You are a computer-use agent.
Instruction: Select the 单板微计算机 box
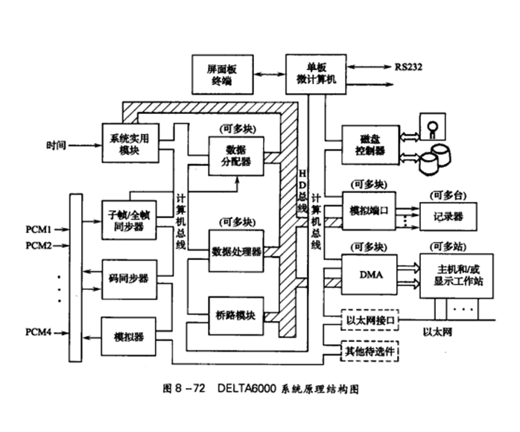[x=316, y=72]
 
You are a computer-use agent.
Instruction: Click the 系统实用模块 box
[x=128, y=144]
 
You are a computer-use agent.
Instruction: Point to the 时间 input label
[x=56, y=144]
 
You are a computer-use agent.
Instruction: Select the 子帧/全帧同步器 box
[x=128, y=220]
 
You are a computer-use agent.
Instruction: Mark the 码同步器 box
[x=128, y=278]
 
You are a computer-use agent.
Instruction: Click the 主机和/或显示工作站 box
[x=455, y=275]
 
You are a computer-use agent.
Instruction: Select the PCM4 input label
[x=39, y=331]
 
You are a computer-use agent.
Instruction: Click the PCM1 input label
[x=39, y=228]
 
